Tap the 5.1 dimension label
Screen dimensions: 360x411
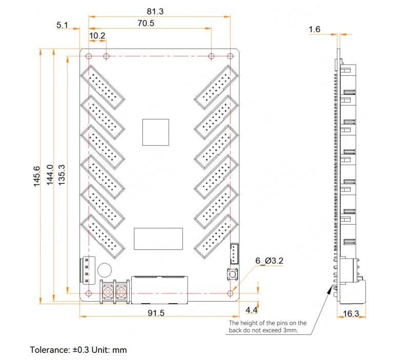click(x=63, y=25)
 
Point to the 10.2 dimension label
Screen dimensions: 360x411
click(x=97, y=35)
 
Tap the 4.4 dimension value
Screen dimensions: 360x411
click(x=252, y=310)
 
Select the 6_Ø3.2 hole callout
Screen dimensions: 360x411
click(x=270, y=261)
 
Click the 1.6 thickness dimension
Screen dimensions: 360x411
click(x=315, y=30)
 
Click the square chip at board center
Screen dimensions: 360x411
click(x=156, y=132)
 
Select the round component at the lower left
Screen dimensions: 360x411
click(x=106, y=270)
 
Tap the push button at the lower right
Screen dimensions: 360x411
click(x=231, y=275)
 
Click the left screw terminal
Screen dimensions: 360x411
click(x=109, y=292)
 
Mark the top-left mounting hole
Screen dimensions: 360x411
click(x=89, y=56)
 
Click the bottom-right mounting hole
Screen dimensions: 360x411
click(x=230, y=293)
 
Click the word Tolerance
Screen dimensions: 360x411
click(x=49, y=350)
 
